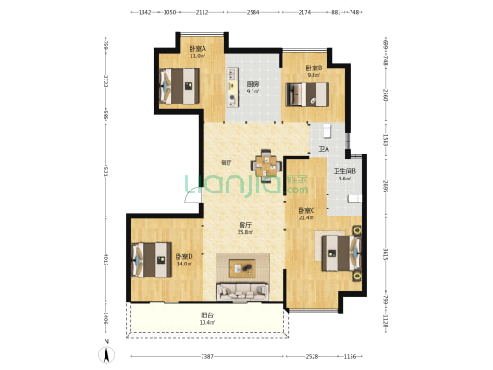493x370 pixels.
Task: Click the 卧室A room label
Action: coord(196,50)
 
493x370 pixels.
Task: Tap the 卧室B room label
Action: coord(314,68)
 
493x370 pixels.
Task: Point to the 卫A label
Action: coord(324,148)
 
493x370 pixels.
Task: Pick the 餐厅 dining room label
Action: coord(227,163)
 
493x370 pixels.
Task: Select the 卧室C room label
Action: coord(306,212)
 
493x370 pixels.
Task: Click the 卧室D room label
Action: coord(183,258)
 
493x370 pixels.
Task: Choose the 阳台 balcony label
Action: coord(208,316)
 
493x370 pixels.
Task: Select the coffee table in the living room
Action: coord(245,268)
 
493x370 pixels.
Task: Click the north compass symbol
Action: coord(108,351)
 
